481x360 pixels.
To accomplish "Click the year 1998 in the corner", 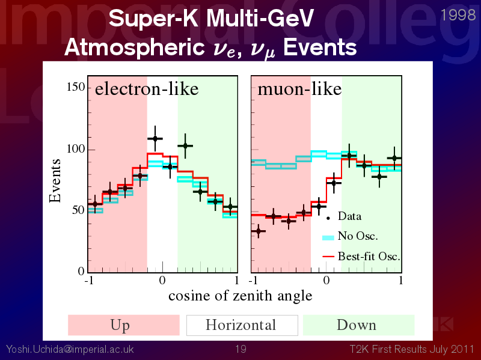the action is click(458, 15).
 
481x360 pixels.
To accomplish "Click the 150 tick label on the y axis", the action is click(76, 87).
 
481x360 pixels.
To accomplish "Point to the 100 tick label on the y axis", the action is click(76, 148).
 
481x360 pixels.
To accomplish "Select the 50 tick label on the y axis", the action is click(79, 210).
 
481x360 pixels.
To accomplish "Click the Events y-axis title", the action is click(55, 181).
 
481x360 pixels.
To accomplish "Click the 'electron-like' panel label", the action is click(147, 89).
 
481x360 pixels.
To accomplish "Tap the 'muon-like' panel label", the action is click(299, 89).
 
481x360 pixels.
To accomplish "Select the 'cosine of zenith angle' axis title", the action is click(240, 296).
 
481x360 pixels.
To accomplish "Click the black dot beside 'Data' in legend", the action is click(328, 218).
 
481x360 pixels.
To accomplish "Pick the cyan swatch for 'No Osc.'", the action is click(328, 237).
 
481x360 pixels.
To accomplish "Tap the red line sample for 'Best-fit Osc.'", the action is click(328, 257).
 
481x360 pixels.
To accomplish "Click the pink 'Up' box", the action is click(124, 325).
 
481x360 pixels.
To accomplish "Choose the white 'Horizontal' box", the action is click(242, 325).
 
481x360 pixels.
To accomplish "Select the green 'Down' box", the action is click(358, 325).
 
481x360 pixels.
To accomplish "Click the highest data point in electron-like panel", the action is click(155, 139).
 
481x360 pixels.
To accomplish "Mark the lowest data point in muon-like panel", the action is click(259, 231).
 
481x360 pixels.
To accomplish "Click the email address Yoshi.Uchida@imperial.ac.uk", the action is click(70, 349).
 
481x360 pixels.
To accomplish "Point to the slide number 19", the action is click(241, 349).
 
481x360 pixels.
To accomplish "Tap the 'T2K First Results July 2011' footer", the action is click(412, 349).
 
